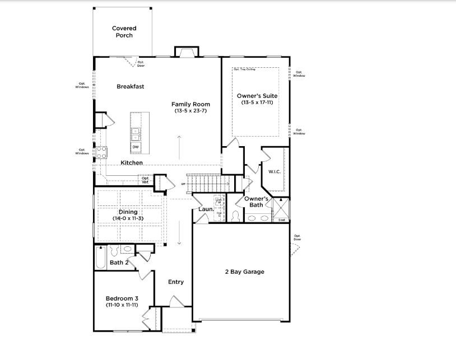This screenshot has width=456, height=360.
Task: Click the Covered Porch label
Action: pyautogui.click(x=124, y=31)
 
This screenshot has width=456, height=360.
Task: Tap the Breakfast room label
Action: pyautogui.click(x=131, y=86)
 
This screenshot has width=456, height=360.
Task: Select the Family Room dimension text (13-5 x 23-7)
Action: pyautogui.click(x=190, y=111)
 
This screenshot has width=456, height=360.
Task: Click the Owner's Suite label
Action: pyautogui.click(x=257, y=96)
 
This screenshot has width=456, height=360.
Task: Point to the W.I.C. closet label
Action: pyautogui.click(x=274, y=172)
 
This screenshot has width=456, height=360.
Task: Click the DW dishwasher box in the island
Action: pyautogui.click(x=136, y=147)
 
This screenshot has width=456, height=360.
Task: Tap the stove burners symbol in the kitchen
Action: pyautogui.click(x=101, y=152)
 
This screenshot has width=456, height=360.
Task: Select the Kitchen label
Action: pyautogui.click(x=132, y=162)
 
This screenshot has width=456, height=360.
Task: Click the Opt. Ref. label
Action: pyautogui.click(x=145, y=180)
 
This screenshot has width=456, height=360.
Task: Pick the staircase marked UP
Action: pyautogui.click(x=207, y=183)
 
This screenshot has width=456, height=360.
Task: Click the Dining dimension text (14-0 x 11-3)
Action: pyautogui.click(x=128, y=218)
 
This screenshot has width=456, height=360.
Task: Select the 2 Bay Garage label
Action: pyautogui.click(x=244, y=272)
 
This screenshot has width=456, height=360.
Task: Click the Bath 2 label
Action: pyautogui.click(x=119, y=262)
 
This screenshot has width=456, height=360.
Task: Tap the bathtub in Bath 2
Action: pyautogui.click(x=100, y=257)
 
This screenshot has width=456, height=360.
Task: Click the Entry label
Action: pyautogui.click(x=176, y=282)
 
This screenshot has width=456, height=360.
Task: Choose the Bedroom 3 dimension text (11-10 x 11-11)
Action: pyautogui.click(x=123, y=305)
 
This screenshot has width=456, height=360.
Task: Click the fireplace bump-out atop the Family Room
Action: pyautogui.click(x=186, y=52)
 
